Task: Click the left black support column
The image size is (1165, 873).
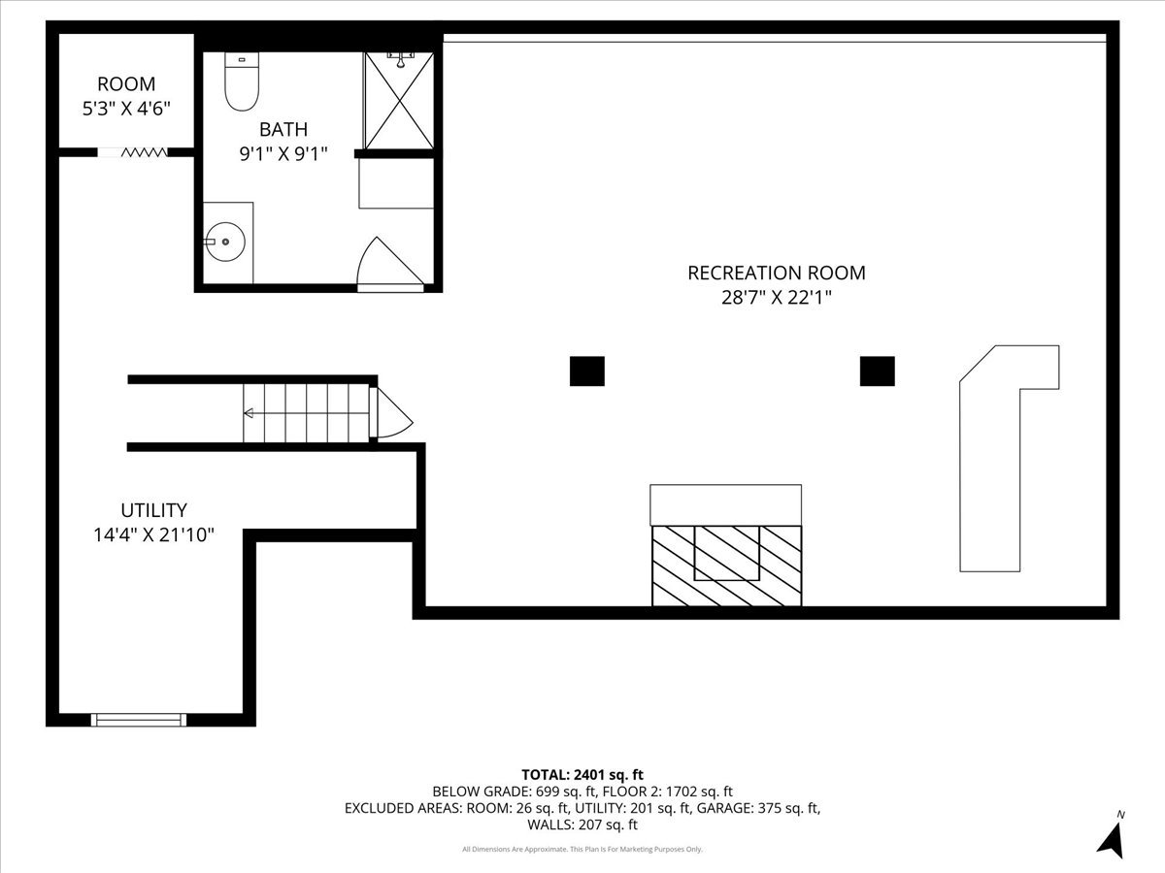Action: pos(586,371)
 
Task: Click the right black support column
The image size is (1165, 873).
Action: pos(877,371)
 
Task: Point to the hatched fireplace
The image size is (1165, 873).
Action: pos(726,566)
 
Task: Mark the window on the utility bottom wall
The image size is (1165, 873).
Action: pos(138,719)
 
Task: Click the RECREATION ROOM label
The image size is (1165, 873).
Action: pos(776,274)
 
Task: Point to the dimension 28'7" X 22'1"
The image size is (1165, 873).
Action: pos(776,298)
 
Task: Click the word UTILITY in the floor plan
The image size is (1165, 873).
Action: pos(153,510)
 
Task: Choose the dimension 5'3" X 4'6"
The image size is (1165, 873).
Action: pos(126,108)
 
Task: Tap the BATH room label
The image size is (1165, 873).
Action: pos(283,129)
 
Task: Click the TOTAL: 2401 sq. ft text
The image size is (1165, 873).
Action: pos(582,774)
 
